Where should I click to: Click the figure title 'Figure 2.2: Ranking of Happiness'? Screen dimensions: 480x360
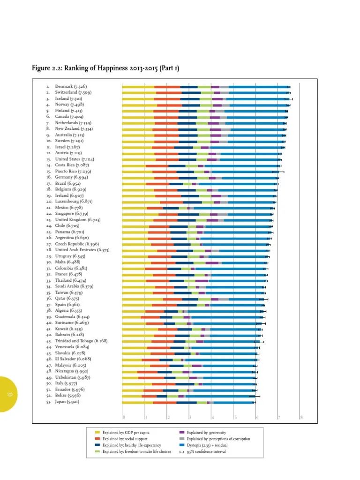coord(105,69)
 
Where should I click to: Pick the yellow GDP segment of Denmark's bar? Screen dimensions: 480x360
coord(138,87)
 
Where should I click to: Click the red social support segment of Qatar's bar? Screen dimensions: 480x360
coord(172,299)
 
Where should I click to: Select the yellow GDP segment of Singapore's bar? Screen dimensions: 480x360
coord(140,214)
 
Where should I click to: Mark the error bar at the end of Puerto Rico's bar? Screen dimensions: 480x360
coord(278,172)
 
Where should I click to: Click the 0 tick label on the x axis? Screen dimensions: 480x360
coord(124,417)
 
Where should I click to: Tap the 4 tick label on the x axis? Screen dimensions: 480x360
coord(212,417)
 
